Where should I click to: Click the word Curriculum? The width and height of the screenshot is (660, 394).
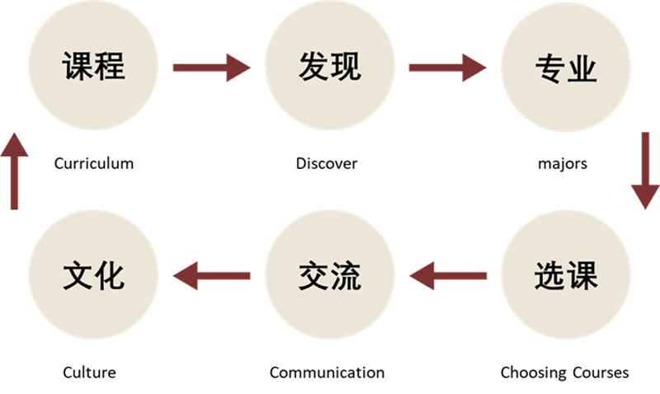(x=93, y=163)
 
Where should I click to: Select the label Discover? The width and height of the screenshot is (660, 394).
(x=327, y=163)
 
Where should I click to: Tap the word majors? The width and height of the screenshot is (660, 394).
(x=562, y=163)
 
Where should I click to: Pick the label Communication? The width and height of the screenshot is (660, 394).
(x=327, y=373)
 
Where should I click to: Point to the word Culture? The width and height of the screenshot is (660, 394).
(x=89, y=373)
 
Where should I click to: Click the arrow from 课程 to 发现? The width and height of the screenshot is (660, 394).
(x=210, y=68)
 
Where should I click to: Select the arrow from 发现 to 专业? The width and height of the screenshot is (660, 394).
(x=447, y=68)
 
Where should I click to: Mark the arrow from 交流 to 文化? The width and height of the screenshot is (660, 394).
(x=211, y=275)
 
